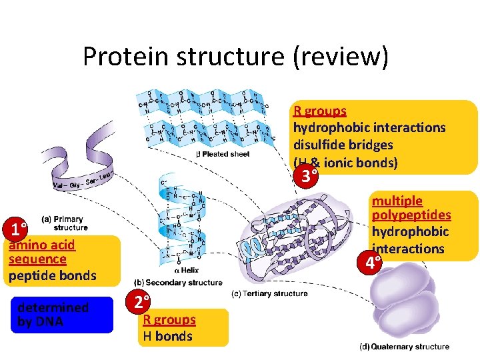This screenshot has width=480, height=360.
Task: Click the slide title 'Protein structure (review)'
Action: click(235, 57)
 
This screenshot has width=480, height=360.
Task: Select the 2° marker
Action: click(140, 302)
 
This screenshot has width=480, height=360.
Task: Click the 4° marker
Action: click(369, 262)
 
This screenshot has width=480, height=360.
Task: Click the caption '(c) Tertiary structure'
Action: click(269, 293)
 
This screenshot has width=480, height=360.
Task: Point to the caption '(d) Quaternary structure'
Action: click(404, 347)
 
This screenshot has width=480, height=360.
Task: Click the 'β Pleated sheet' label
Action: click(223, 154)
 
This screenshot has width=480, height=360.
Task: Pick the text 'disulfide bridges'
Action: click(343, 145)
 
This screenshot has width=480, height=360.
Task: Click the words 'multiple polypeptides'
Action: click(411, 207)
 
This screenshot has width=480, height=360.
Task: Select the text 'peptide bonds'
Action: click(53, 275)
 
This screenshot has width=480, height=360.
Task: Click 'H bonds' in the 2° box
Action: click(167, 336)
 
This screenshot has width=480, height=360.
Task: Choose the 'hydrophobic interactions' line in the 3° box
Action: click(369, 127)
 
